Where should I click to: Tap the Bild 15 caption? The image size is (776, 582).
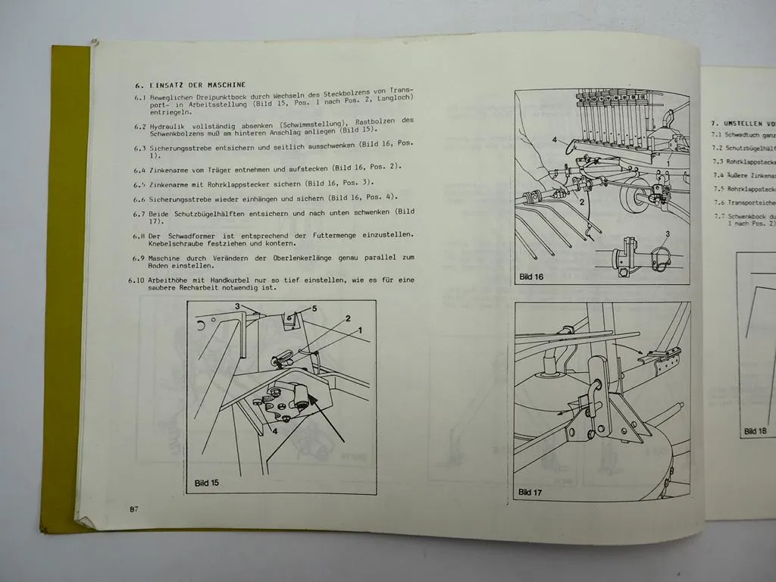pos(206,482)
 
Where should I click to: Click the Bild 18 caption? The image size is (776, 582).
pos(755,430)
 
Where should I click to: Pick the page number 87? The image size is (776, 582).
pos(133,508)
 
